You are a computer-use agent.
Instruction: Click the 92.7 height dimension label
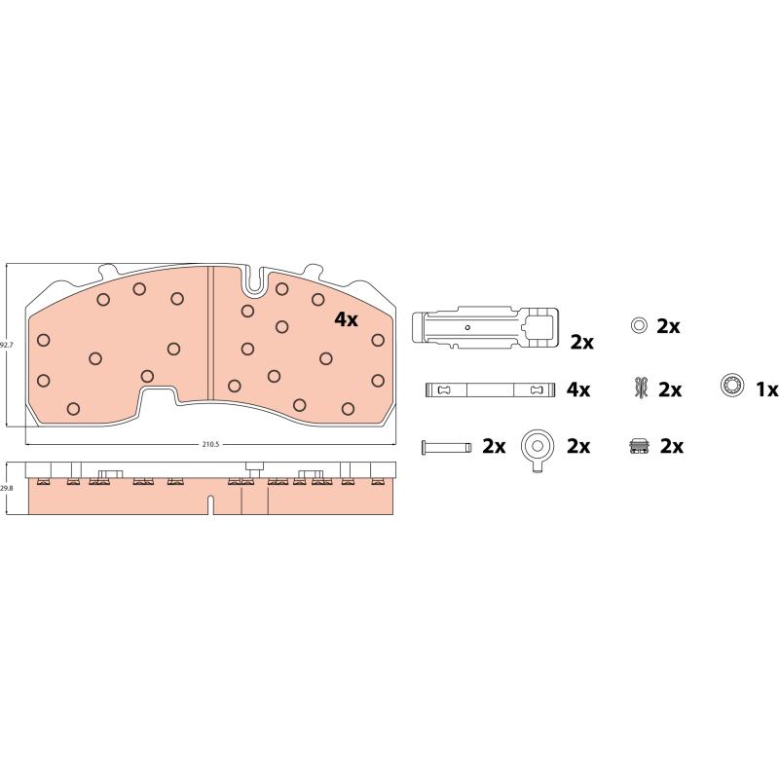click(x=5, y=345)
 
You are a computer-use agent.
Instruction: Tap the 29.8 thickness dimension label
click(x=6, y=488)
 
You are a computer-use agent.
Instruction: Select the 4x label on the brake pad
click(x=346, y=319)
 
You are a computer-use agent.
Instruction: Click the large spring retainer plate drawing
click(x=485, y=326)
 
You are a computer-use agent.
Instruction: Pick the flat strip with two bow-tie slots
click(x=490, y=389)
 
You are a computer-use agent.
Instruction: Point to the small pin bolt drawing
click(x=446, y=447)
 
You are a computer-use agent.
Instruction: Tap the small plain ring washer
click(x=639, y=326)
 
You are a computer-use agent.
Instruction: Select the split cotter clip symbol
click(x=642, y=388)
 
